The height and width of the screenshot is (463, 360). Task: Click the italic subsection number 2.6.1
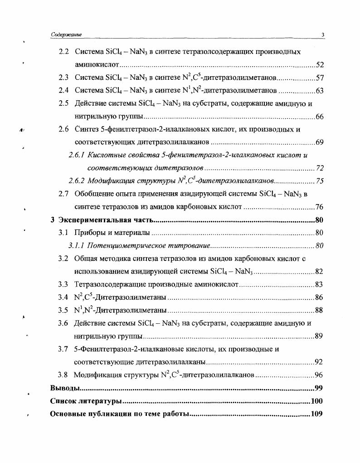pyautogui.click(x=76, y=156)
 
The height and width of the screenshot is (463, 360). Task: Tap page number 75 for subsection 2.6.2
pyautogui.click(x=319, y=181)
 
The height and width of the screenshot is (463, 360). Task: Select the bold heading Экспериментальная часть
pyautogui.click(x=104, y=221)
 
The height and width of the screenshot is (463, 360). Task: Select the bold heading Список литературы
pyautogui.click(x=86, y=401)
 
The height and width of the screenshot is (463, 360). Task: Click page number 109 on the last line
pyautogui.click(x=316, y=414)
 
